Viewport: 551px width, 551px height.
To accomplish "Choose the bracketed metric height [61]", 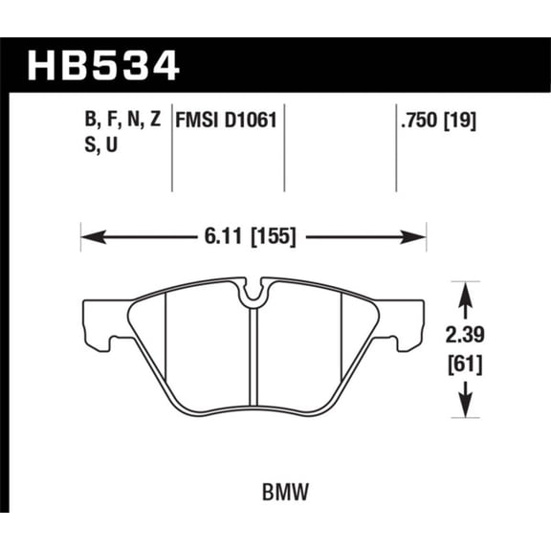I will pyautogui.click(x=464, y=364).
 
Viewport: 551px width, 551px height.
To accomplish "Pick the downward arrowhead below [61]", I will pyautogui.click(x=464, y=413).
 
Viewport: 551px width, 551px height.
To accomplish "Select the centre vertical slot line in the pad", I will pyautogui.click(x=253, y=364).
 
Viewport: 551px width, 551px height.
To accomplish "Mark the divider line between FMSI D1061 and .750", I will pyautogui.click(x=288, y=143).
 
